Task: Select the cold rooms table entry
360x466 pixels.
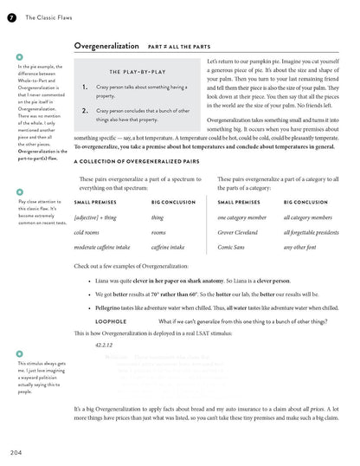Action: (x=87, y=233)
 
